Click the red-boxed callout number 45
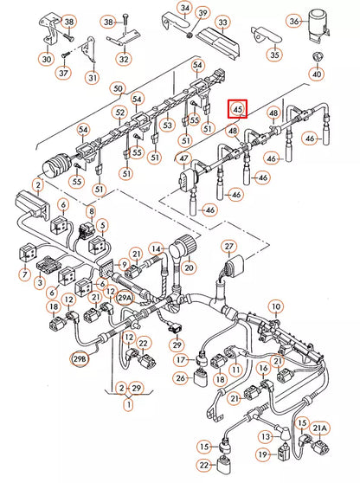click(237, 109)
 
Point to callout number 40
click(316, 74)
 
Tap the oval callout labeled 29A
click(125, 297)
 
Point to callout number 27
click(228, 247)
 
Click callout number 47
click(183, 158)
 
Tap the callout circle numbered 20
click(189, 268)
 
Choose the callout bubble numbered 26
click(178, 377)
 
